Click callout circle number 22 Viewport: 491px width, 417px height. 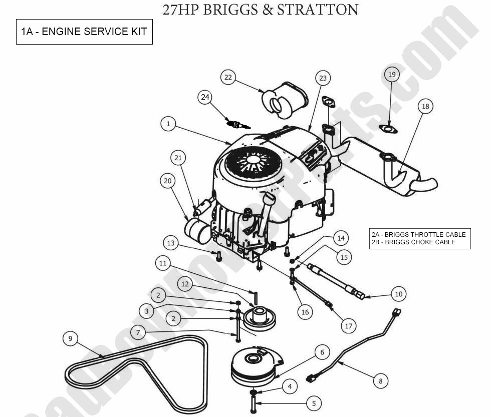(228, 78)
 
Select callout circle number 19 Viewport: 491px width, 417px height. (392, 75)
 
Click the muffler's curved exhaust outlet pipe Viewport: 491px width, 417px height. (423, 184)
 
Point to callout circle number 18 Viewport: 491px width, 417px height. (425, 107)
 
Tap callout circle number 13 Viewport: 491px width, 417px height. (171, 243)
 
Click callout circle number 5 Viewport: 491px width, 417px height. (313, 403)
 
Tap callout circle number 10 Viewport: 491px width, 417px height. (398, 294)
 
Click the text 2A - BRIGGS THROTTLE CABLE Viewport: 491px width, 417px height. (418, 234)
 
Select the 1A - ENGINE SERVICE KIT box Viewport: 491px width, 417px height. (84, 32)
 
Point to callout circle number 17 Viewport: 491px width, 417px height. (349, 326)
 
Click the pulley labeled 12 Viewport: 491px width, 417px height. (260, 318)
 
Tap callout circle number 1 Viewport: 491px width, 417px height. (168, 124)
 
